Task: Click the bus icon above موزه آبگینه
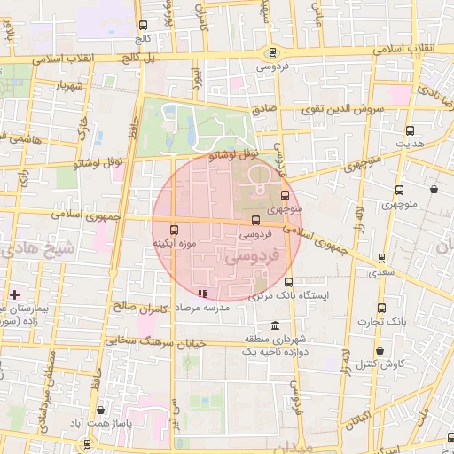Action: tap(174, 227)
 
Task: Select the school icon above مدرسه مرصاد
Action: tap(203, 293)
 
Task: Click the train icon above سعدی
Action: tap(381, 258)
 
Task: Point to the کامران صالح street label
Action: tap(142, 306)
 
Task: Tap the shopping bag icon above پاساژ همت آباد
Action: tap(105, 411)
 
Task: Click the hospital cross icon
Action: tap(14, 294)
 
